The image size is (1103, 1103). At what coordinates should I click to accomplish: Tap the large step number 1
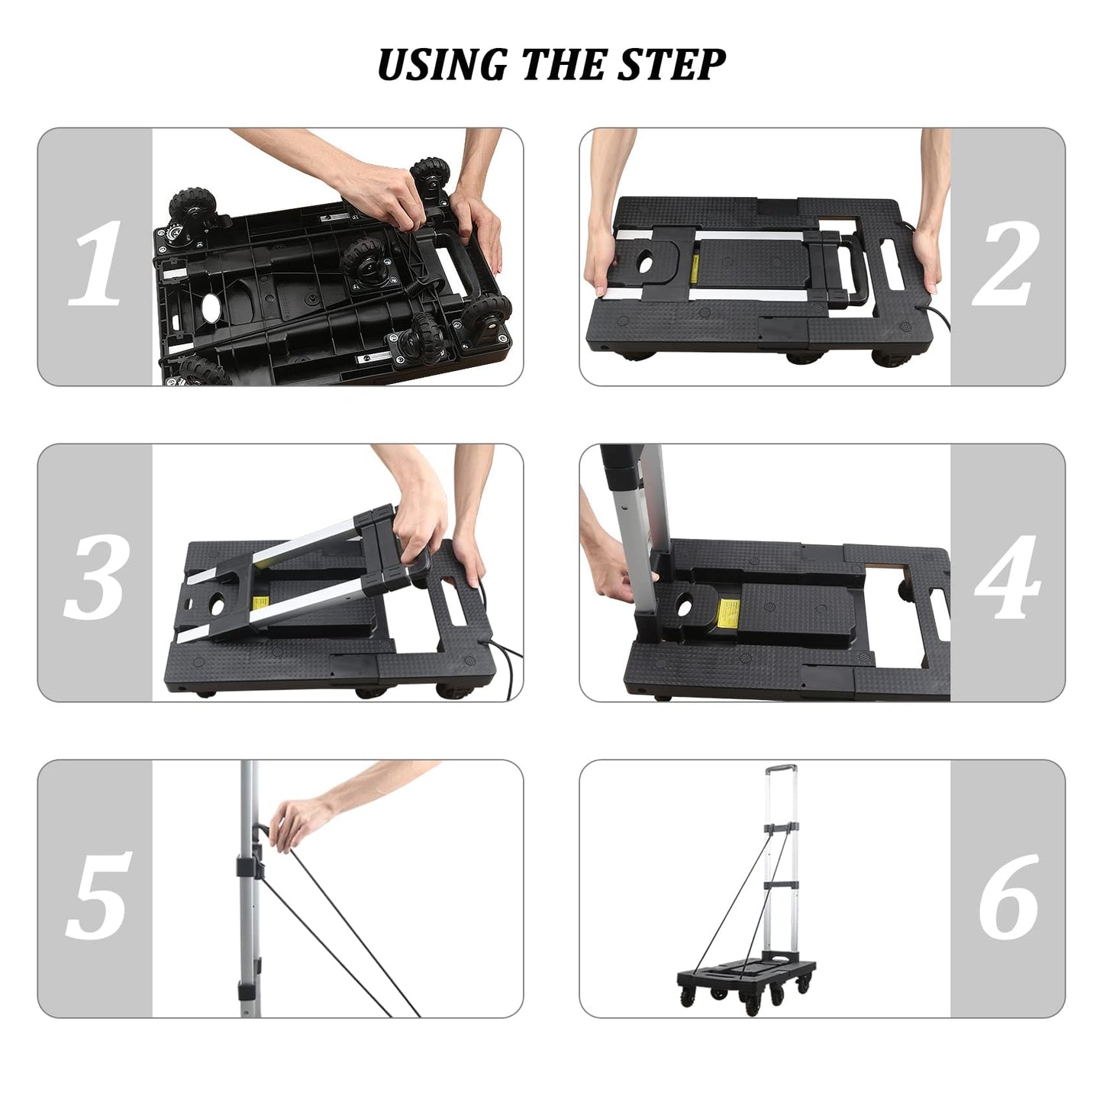point(96,263)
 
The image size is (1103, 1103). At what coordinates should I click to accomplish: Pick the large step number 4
point(1008,578)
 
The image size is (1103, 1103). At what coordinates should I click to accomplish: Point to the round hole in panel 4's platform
point(683,604)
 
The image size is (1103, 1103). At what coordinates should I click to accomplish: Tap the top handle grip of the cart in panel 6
point(780,766)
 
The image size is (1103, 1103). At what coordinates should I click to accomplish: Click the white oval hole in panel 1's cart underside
point(211,308)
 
